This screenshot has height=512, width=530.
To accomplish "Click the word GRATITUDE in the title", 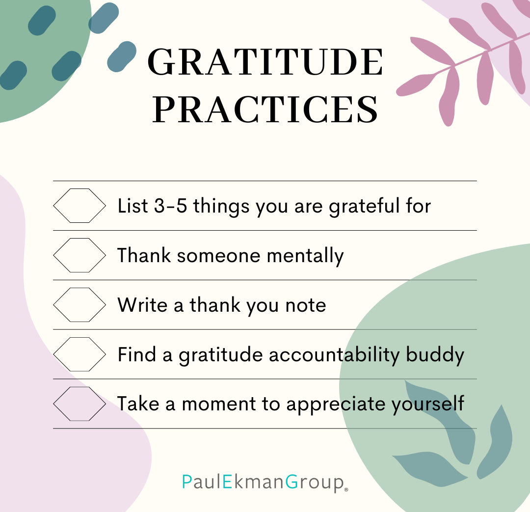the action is pyautogui.click(x=265, y=62).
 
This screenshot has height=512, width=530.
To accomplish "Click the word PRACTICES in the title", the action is pyautogui.click(x=265, y=109).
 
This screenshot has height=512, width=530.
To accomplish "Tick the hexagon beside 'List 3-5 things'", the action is pyautogui.click(x=80, y=206).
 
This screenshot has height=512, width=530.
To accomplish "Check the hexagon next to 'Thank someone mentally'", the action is pyautogui.click(x=80, y=255).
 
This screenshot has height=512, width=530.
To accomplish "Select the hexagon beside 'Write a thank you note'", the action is pyautogui.click(x=80, y=305).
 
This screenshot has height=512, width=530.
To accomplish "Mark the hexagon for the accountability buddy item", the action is pyautogui.click(x=80, y=354).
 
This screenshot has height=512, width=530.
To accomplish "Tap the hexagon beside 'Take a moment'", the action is pyautogui.click(x=80, y=404).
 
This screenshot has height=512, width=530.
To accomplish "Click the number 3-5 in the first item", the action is pyautogui.click(x=170, y=206).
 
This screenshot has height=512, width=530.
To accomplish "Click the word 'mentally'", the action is pyautogui.click(x=305, y=256).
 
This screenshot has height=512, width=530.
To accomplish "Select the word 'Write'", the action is pyautogui.click(x=142, y=305).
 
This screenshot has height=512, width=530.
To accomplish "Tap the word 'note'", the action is pyautogui.click(x=306, y=306).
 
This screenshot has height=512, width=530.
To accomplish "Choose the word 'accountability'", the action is pyautogui.click(x=334, y=355).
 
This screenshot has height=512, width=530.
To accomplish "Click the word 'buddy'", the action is pyautogui.click(x=435, y=355).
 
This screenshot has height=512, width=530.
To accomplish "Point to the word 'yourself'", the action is pyautogui.click(x=427, y=404).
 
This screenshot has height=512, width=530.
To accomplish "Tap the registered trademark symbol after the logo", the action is pyautogui.click(x=346, y=489).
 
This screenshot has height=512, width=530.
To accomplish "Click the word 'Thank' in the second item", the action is pyautogui.click(x=144, y=255).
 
